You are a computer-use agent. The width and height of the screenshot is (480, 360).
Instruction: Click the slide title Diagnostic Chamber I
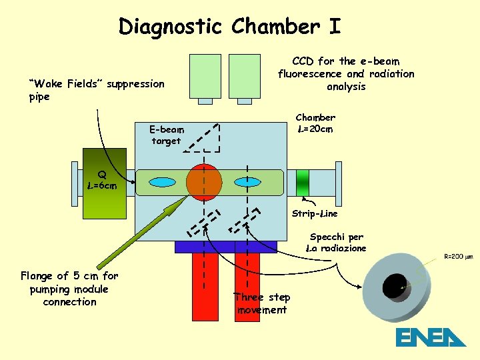click(x=229, y=27)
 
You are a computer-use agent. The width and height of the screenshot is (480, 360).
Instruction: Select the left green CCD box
click(x=205, y=76)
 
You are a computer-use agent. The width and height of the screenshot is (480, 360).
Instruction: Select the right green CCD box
click(x=245, y=76)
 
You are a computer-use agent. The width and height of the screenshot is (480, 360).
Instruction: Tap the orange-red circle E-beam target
click(x=204, y=182)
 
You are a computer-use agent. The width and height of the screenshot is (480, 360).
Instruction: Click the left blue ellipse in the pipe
click(x=162, y=182)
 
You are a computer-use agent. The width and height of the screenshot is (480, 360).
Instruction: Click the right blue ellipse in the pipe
click(x=247, y=181)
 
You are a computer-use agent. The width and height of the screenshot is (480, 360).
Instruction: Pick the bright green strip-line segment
click(x=303, y=181)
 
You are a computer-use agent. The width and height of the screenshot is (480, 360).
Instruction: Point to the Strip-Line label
click(x=315, y=214)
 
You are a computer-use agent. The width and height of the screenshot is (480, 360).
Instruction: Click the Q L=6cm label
click(x=102, y=181)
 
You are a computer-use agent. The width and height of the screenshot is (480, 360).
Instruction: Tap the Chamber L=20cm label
click(x=315, y=123)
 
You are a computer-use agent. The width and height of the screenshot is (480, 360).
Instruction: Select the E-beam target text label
click(x=166, y=135)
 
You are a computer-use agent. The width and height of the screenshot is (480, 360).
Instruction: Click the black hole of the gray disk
click(x=394, y=286)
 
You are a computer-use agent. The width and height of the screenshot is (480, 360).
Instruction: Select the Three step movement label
click(x=262, y=303)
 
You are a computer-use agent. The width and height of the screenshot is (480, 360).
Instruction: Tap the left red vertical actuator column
click(x=205, y=287)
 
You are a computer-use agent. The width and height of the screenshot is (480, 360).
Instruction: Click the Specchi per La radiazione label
click(x=336, y=242)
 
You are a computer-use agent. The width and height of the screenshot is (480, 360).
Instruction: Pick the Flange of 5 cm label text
click(x=69, y=289)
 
